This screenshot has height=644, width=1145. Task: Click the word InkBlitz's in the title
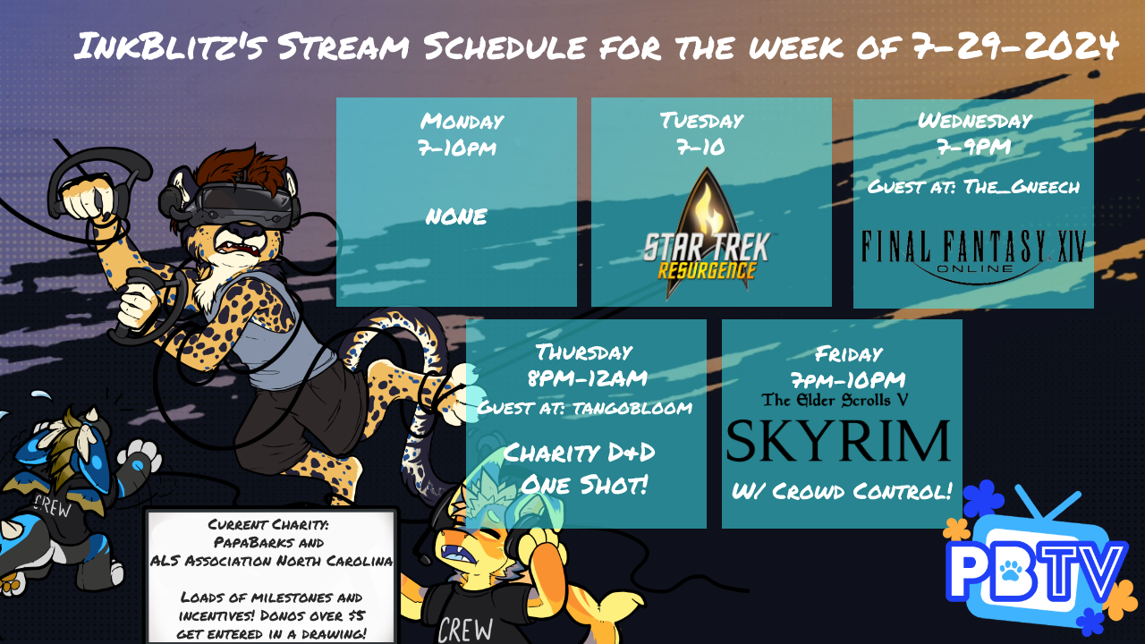tap(169, 46)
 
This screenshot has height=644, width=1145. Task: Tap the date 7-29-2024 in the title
tap(1014, 46)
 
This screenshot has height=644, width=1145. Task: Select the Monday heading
tap(462, 121)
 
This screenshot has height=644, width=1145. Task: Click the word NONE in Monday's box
tap(456, 216)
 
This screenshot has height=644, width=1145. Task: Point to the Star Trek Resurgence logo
tap(708, 233)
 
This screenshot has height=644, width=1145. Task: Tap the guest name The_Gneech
tap(1022, 187)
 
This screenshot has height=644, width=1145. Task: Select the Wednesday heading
tap(975, 121)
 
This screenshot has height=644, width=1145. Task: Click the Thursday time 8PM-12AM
tap(588, 378)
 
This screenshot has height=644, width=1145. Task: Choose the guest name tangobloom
tap(632, 408)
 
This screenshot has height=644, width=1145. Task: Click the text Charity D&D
tap(579, 453)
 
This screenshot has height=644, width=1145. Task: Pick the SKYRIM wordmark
tap(838, 441)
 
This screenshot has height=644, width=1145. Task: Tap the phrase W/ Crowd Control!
tap(842, 491)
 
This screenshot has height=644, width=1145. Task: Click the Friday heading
tap(849, 353)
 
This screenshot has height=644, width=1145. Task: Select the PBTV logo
tap(1038, 563)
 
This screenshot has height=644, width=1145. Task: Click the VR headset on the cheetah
tap(241, 206)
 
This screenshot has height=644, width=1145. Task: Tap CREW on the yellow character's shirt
tap(465, 631)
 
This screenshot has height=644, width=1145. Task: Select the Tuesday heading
tap(701, 121)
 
